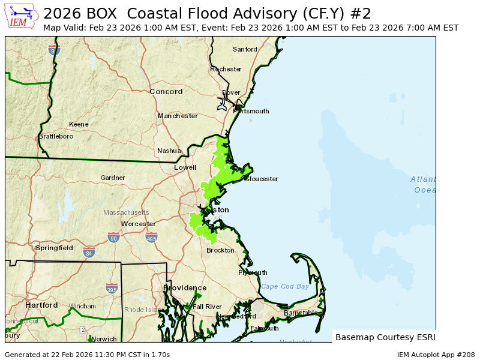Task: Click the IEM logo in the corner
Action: (21, 16)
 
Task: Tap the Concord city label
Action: (166, 92)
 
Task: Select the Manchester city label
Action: (178, 116)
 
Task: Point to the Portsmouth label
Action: (251, 111)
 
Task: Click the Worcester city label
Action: (139, 224)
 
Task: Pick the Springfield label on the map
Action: (54, 248)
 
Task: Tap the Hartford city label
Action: (41, 305)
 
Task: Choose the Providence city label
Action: (185, 288)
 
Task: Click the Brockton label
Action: (220, 250)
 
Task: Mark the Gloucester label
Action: (262, 179)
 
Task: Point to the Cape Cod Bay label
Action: (285, 286)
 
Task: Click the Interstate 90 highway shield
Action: (113, 238)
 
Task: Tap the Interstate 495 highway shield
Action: (151, 238)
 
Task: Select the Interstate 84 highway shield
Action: (89, 252)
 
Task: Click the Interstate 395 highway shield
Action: (112, 289)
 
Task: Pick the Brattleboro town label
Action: (56, 136)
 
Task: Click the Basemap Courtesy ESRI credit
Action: (385, 337)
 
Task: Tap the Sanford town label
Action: (245, 49)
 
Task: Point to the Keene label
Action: (79, 124)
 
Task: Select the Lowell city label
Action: (185, 168)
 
